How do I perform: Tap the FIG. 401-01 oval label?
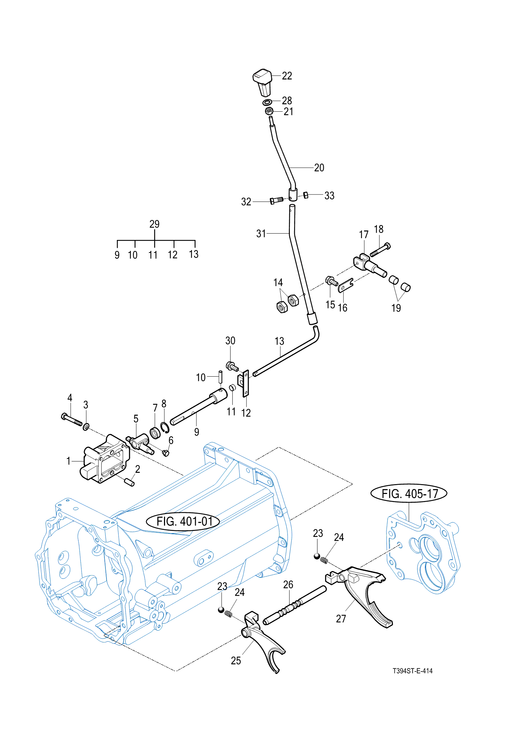tap(183, 521)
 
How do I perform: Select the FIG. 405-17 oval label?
tap(409, 493)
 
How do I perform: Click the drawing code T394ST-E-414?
tap(412, 671)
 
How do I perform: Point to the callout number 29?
tap(154, 224)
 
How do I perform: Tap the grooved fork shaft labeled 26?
tap(294, 605)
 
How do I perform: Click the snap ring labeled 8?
tap(165, 428)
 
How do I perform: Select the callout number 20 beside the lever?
tap(319, 168)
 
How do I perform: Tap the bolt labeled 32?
tap(276, 200)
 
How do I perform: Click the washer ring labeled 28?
tap(267, 103)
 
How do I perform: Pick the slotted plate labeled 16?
tap(346, 285)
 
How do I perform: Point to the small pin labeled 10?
tap(220, 377)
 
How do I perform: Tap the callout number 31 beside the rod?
tap(261, 233)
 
